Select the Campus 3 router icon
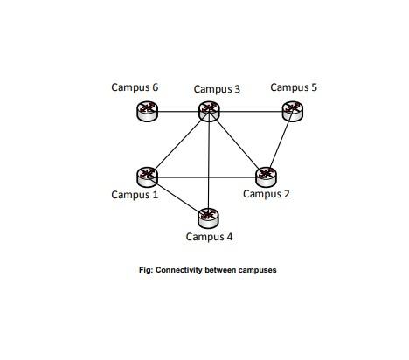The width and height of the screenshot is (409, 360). click(208, 110)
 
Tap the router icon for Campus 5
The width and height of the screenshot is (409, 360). click(292, 110)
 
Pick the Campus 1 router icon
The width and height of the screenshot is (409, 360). click(148, 177)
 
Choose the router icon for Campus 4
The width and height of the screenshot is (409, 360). click(207, 217)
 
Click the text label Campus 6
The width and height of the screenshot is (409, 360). click(135, 87)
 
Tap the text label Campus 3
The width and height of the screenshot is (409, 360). click(217, 88)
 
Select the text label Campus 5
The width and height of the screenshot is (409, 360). click(294, 87)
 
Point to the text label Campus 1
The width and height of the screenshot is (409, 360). click(135, 195)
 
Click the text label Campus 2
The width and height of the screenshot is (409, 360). click(267, 194)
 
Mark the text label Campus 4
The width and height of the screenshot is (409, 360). click(210, 236)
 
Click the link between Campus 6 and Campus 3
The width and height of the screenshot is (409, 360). click(177, 111)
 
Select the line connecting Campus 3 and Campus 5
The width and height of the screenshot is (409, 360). click(250, 111)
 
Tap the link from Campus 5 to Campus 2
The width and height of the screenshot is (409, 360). click(279, 143)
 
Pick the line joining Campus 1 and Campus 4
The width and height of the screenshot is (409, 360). click(177, 197)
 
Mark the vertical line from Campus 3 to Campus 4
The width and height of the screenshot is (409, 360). click(208, 166)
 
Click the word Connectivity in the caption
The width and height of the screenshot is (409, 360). click(179, 270)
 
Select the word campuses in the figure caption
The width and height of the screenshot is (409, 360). click(254, 270)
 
